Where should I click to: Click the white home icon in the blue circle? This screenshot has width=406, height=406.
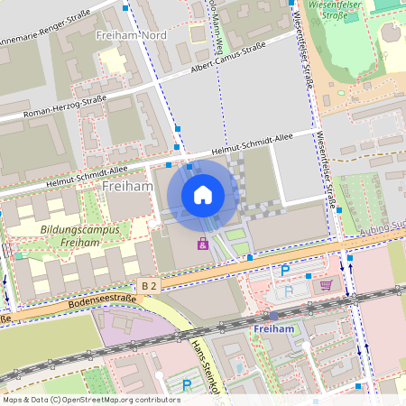coord(203,194)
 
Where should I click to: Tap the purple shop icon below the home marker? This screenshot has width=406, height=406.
coord(203,244)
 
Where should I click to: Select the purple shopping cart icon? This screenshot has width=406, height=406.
coord(326,285)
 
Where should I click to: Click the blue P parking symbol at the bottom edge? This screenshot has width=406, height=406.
coord(187,385)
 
